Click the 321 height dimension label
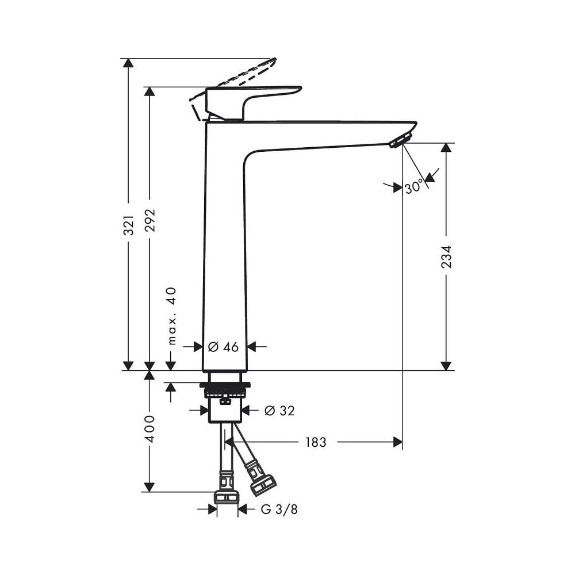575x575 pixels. coord(128,225)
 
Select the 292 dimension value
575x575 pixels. coord(149,220)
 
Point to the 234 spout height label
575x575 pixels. coord(446,256)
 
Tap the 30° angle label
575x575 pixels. coord(414,187)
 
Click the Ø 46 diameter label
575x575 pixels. coord(223,347)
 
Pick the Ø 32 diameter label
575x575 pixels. coord(279,411)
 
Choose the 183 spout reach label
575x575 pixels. coord(316,442)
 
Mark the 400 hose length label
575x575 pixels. coord(150,429)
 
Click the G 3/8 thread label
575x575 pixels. coord(279,509)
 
